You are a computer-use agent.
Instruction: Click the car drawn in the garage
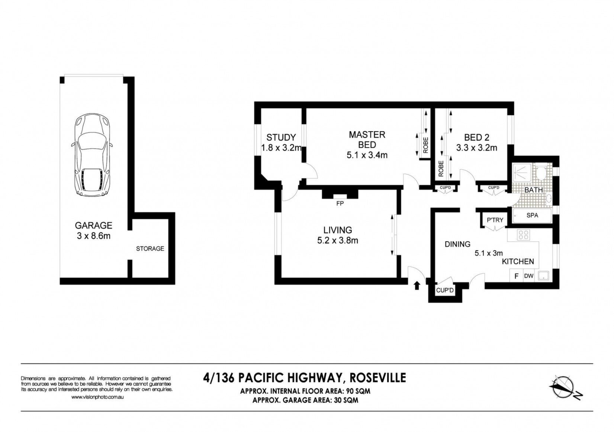point(92,155)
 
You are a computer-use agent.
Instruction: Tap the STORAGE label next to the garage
point(150,249)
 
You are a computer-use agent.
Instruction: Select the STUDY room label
point(281,137)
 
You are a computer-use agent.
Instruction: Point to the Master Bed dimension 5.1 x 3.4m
point(367,155)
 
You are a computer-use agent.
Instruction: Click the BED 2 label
point(477,137)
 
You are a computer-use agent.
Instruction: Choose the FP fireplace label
point(340,203)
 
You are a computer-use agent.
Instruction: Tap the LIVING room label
point(338,230)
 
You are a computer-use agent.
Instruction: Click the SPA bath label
point(532,215)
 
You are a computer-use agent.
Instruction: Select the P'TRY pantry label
point(495,220)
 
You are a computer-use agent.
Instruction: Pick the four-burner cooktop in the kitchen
point(523,235)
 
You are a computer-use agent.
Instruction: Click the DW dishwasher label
point(529,276)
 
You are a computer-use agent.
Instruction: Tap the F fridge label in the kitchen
point(517,276)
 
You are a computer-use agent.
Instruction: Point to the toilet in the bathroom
point(541,172)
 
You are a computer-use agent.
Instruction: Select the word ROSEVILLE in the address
point(378,378)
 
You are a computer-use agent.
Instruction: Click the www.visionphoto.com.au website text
point(97,397)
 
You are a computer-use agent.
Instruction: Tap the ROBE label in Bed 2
point(441,168)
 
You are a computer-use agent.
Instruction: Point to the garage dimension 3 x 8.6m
point(94,236)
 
